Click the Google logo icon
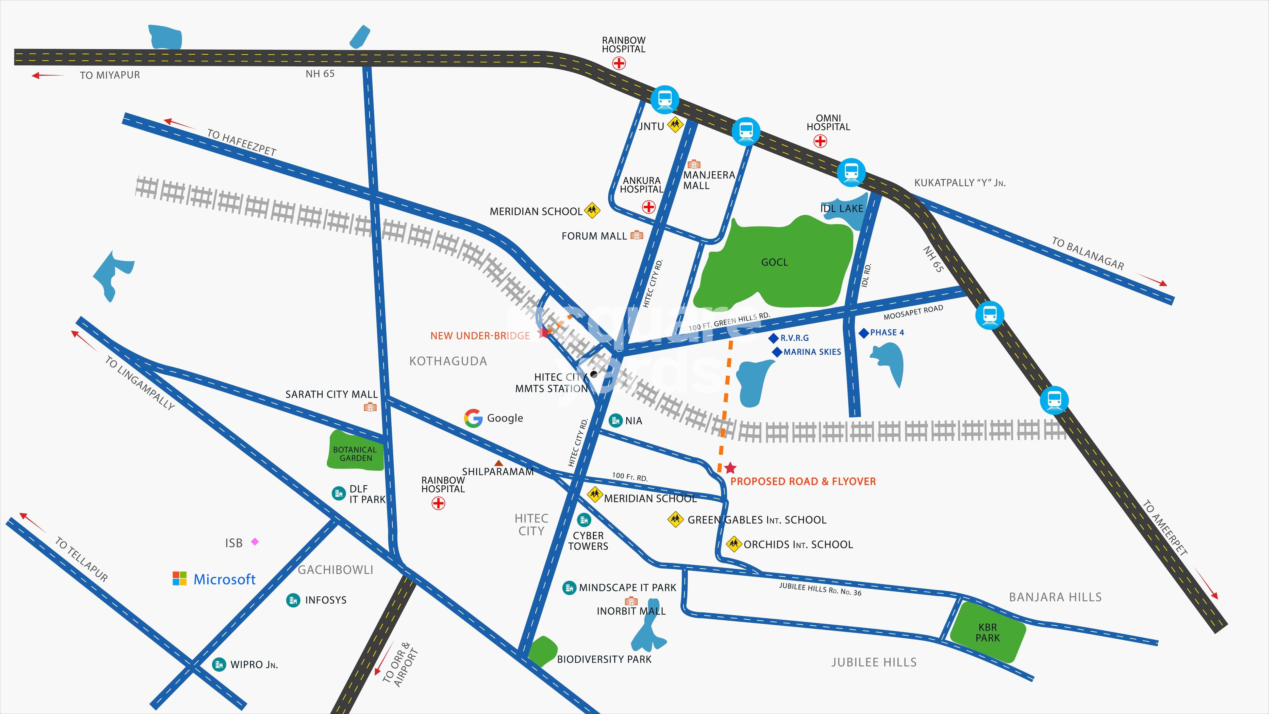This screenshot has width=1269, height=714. pos(473,418)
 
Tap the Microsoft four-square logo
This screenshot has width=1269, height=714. pos(180,578)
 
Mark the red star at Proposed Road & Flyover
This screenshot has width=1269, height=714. pos(730,468)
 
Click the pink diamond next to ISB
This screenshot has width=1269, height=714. pos(255,542)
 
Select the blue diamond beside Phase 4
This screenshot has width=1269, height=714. pos(864,333)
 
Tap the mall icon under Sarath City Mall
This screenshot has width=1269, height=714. pos(370,407)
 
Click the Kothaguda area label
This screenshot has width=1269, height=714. pos(448,361)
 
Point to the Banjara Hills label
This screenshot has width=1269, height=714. pos(1055,597)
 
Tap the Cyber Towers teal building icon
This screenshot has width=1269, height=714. pos(584,519)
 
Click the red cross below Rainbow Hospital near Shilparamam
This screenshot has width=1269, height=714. pos(438,503)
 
